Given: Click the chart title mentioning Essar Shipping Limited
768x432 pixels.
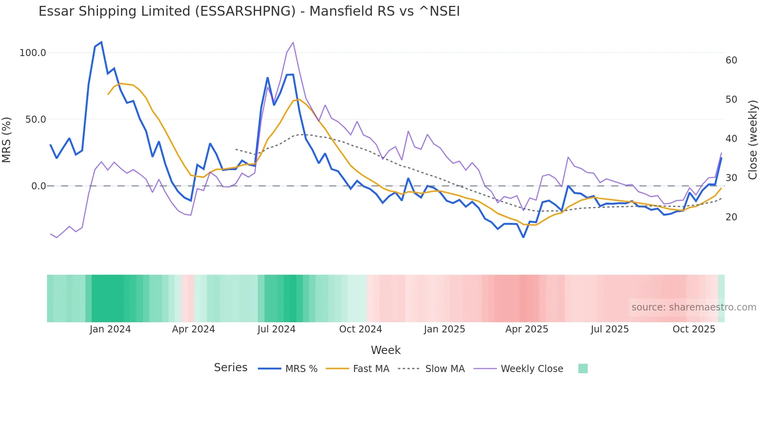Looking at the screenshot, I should point(249,11).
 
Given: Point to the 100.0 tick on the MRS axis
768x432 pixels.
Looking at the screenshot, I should point(33,53).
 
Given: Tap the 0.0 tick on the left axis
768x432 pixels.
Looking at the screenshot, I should point(38,186).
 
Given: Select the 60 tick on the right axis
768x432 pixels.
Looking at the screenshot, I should point(731,60).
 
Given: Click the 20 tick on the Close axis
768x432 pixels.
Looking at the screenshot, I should point(731,217).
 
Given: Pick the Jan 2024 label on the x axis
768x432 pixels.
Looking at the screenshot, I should point(110,329).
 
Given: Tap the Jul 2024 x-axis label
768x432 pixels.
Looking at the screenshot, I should point(276,329).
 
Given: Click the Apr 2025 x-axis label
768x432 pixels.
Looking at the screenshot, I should point(527,329).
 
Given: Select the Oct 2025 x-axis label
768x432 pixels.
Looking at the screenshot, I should point(694,329).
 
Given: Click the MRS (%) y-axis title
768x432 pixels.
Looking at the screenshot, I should point(7,140).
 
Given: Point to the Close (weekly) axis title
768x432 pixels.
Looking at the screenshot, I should point(753,140).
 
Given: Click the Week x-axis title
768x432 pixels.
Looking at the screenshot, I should point(386,350).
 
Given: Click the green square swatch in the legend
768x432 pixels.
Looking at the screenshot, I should point(583,368).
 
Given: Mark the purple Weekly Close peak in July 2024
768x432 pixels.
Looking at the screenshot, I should point(293,42).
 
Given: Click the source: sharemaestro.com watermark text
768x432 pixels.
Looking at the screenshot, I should point(694,307).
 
